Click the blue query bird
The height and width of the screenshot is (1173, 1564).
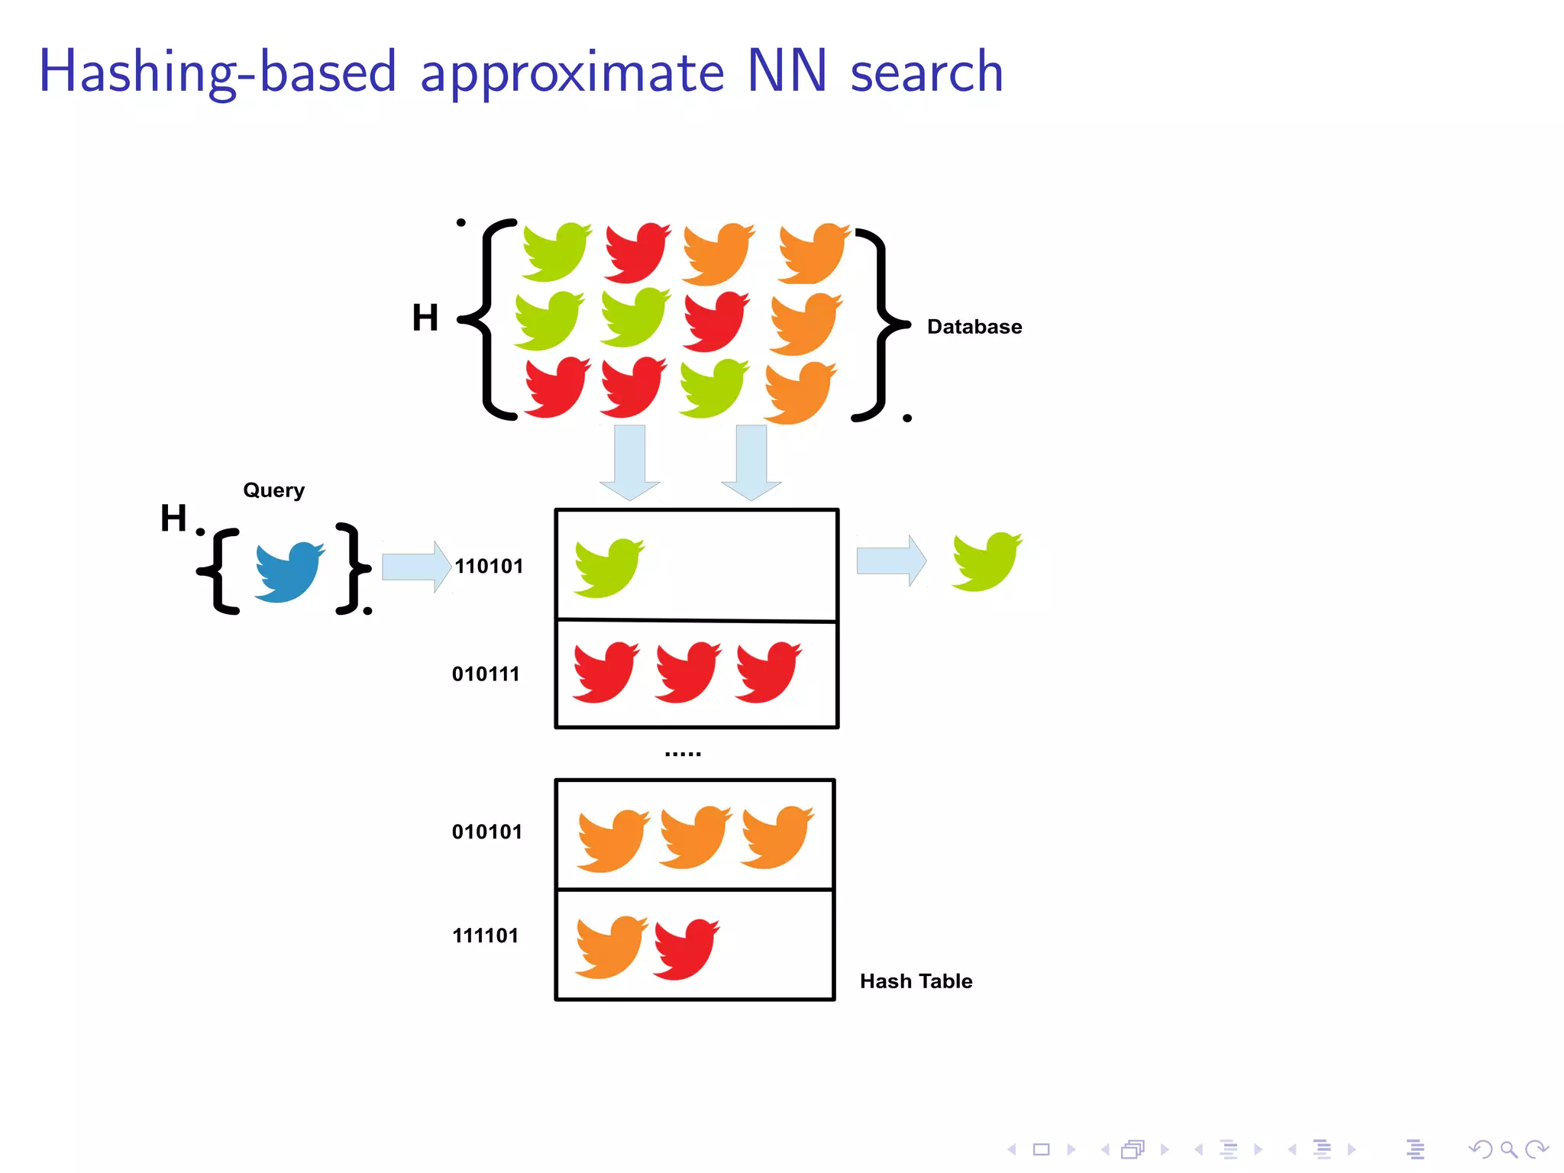[x=288, y=572]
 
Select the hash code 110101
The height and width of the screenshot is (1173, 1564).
[x=489, y=566]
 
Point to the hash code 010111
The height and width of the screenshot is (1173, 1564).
[x=486, y=674]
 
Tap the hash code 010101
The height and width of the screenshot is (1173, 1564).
[x=487, y=832]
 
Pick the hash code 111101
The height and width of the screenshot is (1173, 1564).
[x=486, y=935]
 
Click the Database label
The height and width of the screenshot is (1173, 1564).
[x=974, y=327]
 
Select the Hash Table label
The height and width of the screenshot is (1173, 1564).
[x=916, y=981]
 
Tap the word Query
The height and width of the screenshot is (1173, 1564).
[x=273, y=490]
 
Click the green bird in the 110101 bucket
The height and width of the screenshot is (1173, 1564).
[x=609, y=567]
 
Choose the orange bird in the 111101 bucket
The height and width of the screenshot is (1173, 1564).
[x=610, y=947]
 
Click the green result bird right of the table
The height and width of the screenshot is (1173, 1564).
[x=986, y=562]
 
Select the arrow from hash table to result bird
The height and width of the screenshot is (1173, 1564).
[x=891, y=561]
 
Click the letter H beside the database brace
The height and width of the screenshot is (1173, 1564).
[x=425, y=318]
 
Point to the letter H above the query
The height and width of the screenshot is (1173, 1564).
[x=173, y=518]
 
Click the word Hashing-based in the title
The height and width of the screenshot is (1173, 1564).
[x=218, y=72]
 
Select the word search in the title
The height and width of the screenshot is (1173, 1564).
[x=926, y=72]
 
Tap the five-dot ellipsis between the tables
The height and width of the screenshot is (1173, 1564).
[x=683, y=754]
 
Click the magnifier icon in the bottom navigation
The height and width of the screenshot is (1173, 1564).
[x=1508, y=1149]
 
